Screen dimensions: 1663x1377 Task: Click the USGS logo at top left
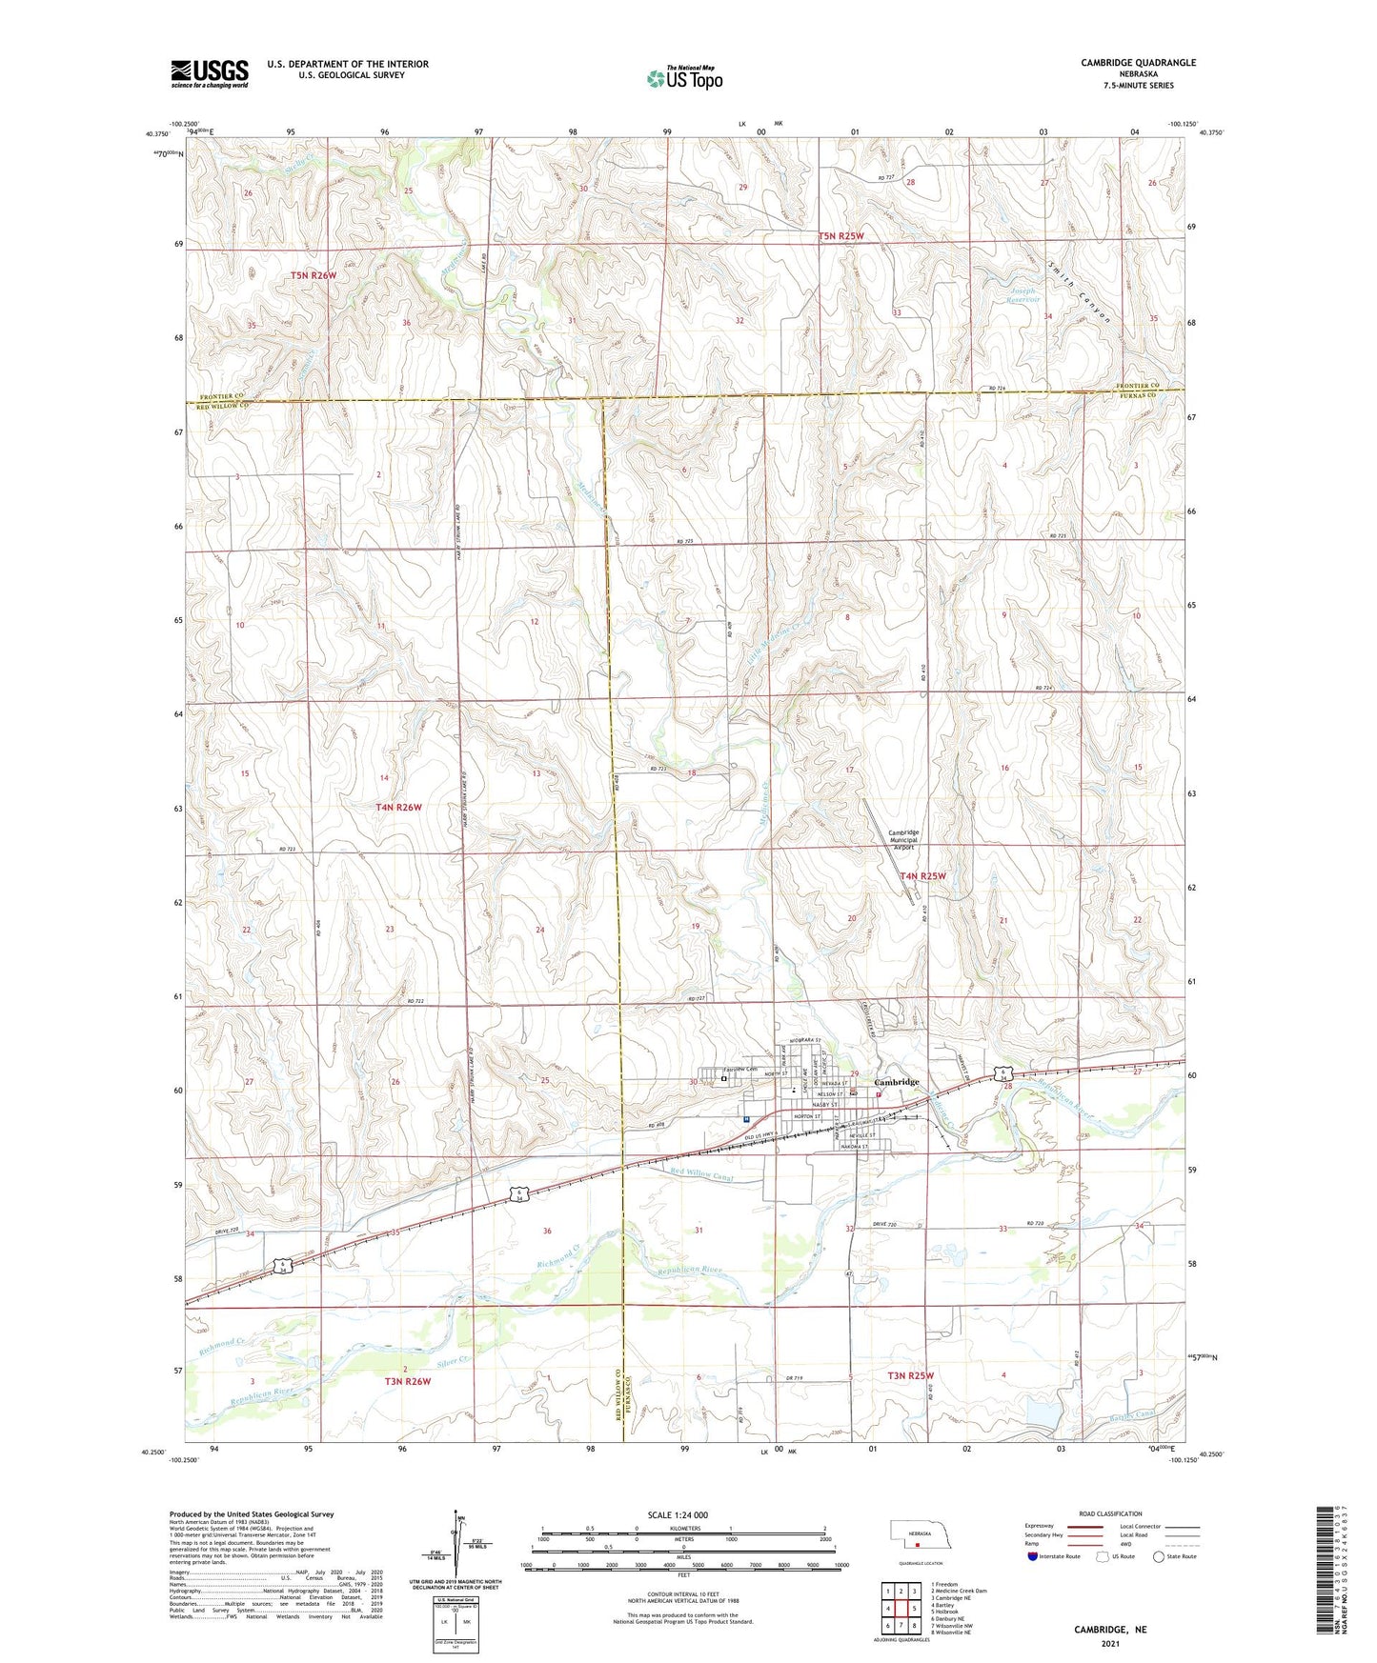tap(209, 73)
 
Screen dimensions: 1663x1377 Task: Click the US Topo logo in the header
tap(683, 78)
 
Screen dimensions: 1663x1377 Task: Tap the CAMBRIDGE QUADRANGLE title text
tap(1138, 63)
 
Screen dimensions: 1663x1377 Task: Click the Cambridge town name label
tap(897, 1082)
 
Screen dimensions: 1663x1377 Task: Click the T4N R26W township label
tap(398, 807)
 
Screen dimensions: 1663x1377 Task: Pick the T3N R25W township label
tap(911, 1375)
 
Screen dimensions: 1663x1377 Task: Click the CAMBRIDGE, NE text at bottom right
tap(1110, 1630)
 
